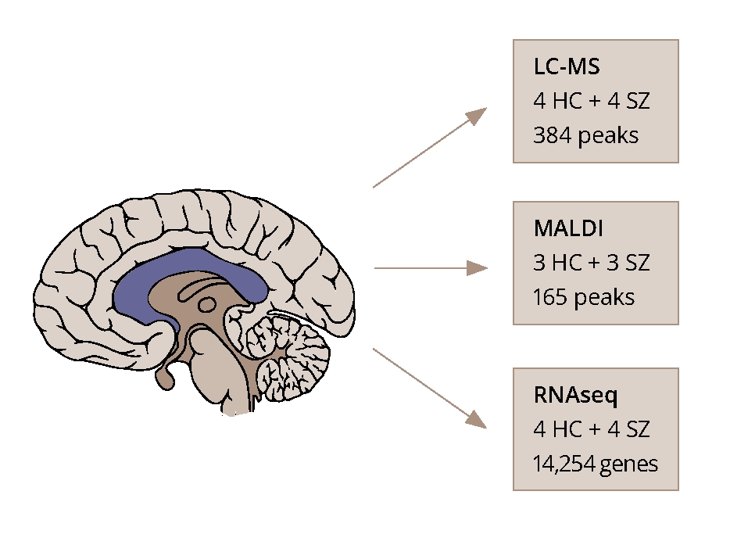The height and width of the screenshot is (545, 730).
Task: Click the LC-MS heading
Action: coord(567,67)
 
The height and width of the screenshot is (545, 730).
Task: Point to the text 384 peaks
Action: coord(585,135)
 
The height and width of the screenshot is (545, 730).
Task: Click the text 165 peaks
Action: coord(583,297)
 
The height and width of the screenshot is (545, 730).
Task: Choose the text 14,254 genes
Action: coord(596,464)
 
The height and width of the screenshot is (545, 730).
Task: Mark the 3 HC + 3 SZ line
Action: coord(592,263)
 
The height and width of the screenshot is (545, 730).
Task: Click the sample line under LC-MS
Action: coord(592,102)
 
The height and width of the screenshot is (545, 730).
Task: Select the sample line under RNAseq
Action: coord(592,429)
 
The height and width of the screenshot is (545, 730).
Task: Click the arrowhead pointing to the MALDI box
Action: coord(478,268)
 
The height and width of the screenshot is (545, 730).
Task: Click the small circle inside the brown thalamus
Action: coord(207,305)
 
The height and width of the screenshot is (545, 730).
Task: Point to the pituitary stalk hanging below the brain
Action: coord(165,378)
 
